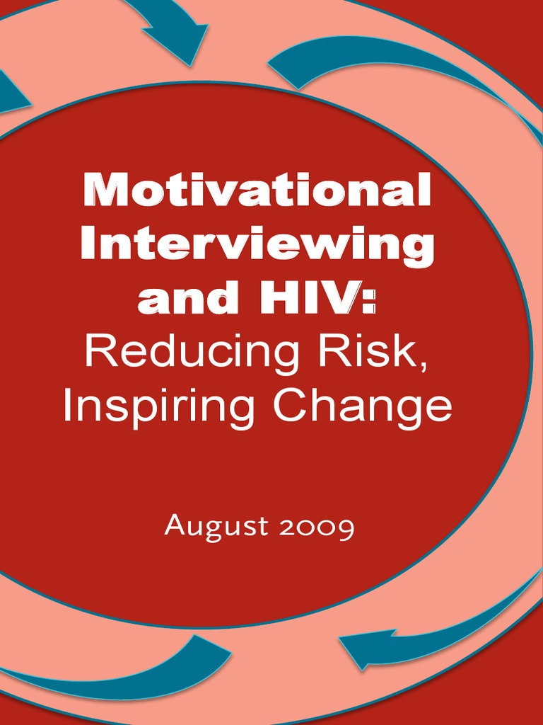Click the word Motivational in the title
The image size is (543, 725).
coord(256,189)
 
